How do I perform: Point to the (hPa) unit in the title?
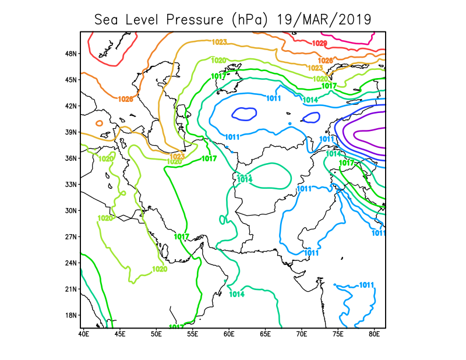click(x=250, y=19)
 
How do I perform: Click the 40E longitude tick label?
click(x=83, y=334)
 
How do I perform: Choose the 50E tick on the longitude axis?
click(x=156, y=334)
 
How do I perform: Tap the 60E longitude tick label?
click(x=229, y=334)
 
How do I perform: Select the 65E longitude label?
click(x=266, y=334)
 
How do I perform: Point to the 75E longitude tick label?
click(x=338, y=334)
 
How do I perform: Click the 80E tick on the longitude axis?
click(x=375, y=334)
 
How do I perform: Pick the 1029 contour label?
click(x=320, y=44)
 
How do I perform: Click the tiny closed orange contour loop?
click(x=99, y=123)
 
